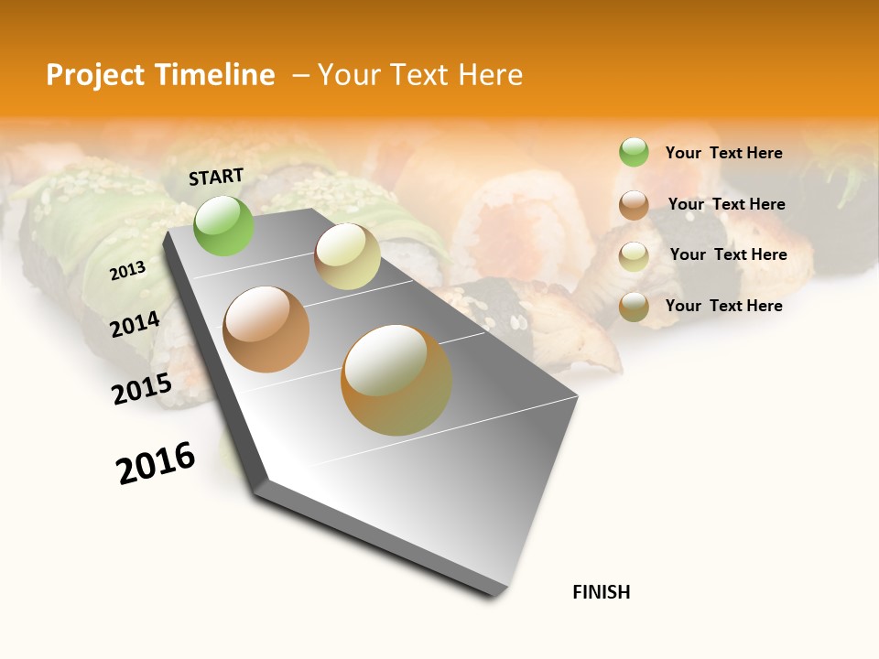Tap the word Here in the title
pos(490,75)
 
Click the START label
pos(216,177)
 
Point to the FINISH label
pos(601,592)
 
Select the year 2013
pos(127,271)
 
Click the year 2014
pos(135,324)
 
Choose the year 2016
pos(156,463)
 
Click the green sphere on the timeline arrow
pos(223,225)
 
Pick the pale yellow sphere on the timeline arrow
pos(347,256)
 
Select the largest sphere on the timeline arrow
pos(396,380)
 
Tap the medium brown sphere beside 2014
pos(266,329)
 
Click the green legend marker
pos(634,152)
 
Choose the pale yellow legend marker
pos(634,256)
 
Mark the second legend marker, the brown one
pos(634,205)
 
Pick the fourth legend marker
pos(634,308)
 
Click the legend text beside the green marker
pos(723,153)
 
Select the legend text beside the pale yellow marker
pos(728,254)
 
